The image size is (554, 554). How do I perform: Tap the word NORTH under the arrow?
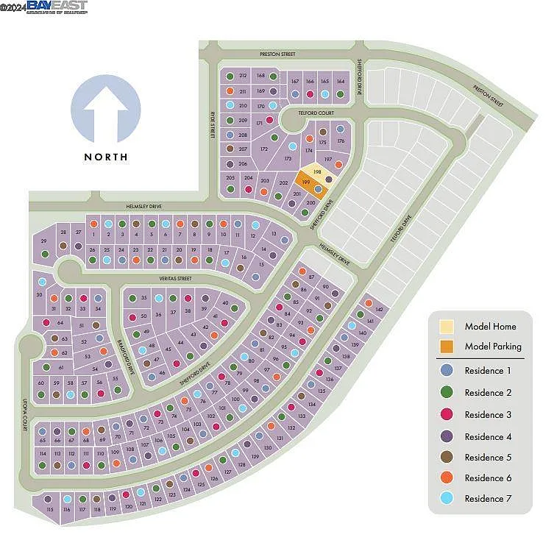[106, 157]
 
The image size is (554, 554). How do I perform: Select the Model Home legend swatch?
[446, 326]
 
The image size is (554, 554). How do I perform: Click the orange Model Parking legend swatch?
[446, 347]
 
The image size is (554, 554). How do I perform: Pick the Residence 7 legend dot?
[446, 498]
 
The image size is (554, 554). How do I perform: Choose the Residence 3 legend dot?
[446, 414]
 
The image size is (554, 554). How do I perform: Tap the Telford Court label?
[316, 113]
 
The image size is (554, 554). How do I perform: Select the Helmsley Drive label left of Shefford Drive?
[145, 207]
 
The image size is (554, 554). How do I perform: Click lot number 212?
[243, 76]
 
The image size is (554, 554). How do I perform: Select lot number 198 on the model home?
[317, 171]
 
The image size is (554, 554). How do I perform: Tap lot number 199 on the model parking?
[305, 180]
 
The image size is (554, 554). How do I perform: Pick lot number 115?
[50, 509]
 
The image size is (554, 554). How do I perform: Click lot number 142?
[379, 310]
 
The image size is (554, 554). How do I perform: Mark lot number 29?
[44, 241]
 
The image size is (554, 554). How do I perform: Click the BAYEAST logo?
[57, 7]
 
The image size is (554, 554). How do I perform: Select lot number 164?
[340, 82]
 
